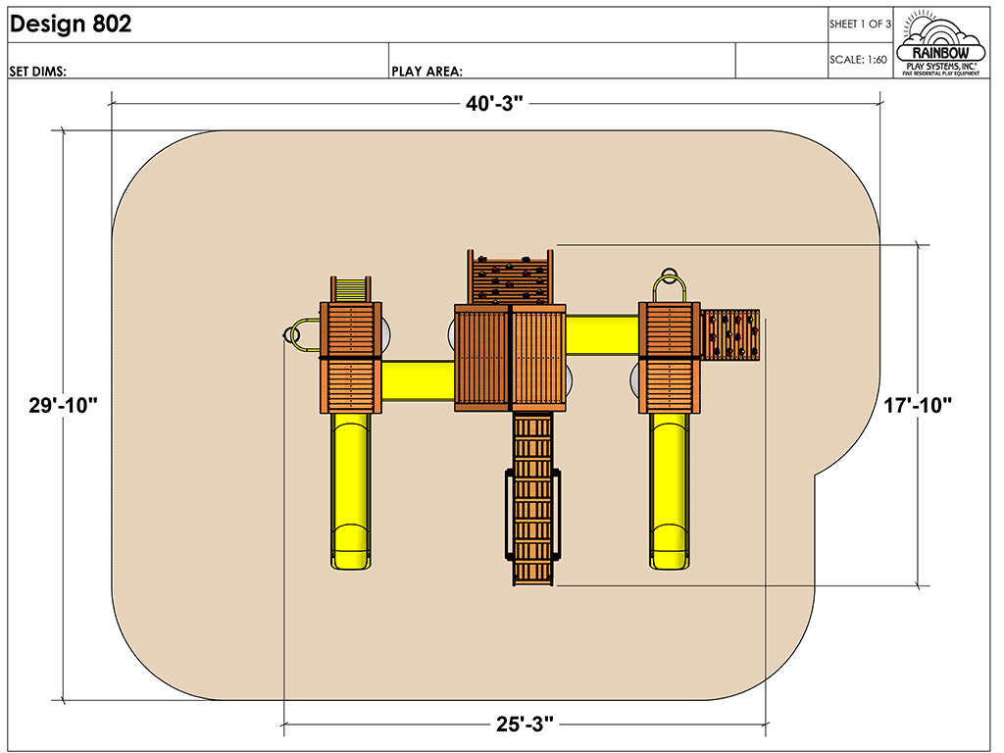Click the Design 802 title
pos(70,25)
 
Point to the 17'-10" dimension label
pos(918,405)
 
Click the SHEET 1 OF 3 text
pos(860,24)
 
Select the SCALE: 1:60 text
pos(858,60)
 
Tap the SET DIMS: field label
pos(37,71)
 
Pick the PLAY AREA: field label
pos(427,71)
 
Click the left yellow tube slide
pos(350,490)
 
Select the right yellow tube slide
pos(671,490)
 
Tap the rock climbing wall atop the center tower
pos(509,276)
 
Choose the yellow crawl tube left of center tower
pos(418,379)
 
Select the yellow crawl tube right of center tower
pos(603,334)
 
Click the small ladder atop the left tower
pos(351,289)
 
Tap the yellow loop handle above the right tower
pos(671,283)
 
